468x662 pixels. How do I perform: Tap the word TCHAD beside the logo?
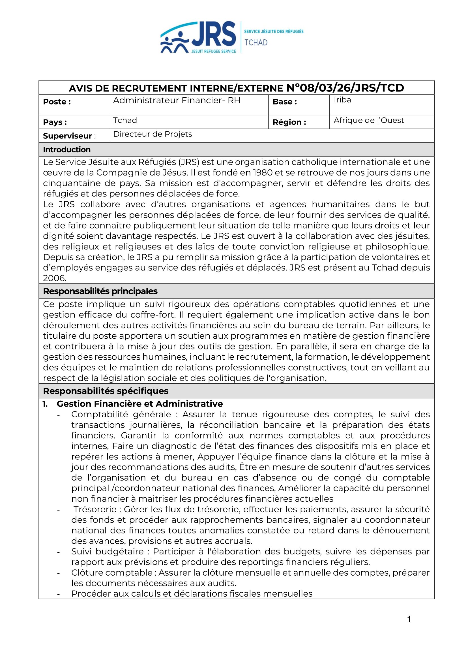coord(256,43)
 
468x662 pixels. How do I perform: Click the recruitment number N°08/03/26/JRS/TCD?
coord(345,88)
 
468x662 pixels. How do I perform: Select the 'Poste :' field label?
coord(57,102)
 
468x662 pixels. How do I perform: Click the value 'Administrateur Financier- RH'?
coord(177,100)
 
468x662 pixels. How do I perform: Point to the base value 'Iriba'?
coord(342,100)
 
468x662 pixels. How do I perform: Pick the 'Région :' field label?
coord(289,122)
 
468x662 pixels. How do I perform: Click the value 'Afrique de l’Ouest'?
coord(369,120)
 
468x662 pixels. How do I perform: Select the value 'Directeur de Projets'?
coord(153,134)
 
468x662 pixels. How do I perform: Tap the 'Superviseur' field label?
coord(67,136)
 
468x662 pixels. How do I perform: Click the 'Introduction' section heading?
coord(66,150)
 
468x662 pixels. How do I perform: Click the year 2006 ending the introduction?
coord(54,278)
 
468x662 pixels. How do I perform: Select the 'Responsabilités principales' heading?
coord(100,291)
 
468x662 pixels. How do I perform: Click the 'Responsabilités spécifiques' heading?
coord(106,391)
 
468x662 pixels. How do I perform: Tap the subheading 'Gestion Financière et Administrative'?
coord(140,404)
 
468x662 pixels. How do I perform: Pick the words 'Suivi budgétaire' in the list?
coord(107,552)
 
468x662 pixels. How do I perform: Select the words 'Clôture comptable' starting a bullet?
coord(112,573)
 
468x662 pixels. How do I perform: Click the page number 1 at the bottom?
coord(409,619)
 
